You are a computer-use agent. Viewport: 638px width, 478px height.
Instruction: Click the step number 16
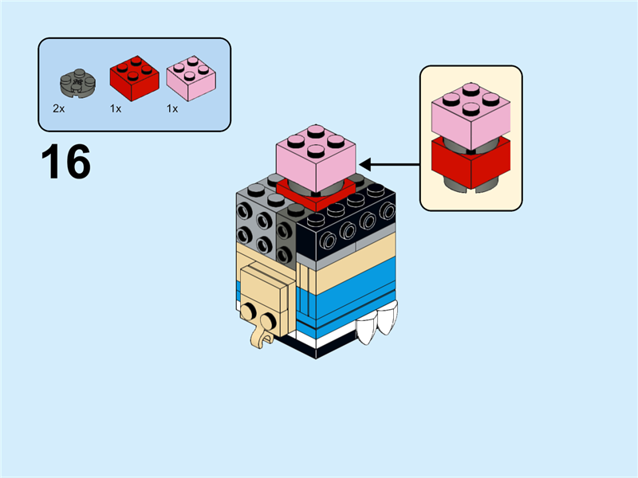[x=65, y=162]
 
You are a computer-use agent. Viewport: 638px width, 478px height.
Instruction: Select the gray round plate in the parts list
[x=77, y=82]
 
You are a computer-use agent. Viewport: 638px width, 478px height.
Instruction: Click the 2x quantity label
[x=58, y=108]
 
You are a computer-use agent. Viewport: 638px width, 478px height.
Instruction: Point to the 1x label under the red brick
[x=116, y=108]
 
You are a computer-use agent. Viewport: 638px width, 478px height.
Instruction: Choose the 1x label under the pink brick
[x=172, y=108]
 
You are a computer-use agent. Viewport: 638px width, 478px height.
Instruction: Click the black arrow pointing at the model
[x=391, y=165]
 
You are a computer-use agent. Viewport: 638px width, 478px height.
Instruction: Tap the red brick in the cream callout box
[x=471, y=162]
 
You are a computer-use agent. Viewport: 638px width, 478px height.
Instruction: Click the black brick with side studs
[x=351, y=231]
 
